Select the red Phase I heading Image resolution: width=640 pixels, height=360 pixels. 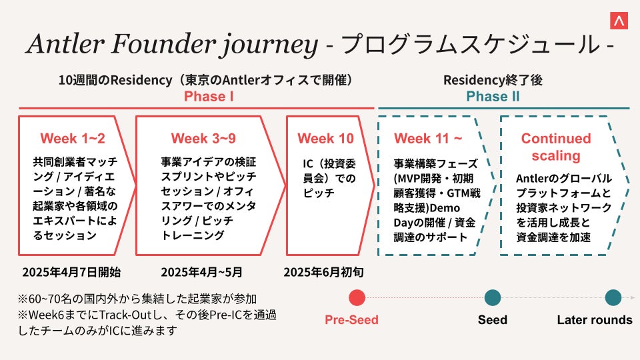click(209, 97)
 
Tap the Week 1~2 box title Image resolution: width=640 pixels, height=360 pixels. click(73, 139)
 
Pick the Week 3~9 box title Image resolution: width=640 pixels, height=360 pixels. click(203, 139)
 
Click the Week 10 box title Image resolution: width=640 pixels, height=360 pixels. click(326, 139)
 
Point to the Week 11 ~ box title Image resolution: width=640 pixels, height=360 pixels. click(428, 139)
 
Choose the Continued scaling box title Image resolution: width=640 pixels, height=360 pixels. click(556, 147)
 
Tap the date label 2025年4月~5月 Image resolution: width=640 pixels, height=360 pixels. click(202, 272)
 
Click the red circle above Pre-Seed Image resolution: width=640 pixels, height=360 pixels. click(357, 298)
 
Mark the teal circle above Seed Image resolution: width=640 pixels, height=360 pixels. click(493, 298)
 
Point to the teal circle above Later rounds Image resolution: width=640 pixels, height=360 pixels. click(613, 298)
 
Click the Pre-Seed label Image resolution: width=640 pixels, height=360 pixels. click(351, 320)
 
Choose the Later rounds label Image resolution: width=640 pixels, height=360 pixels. click(595, 320)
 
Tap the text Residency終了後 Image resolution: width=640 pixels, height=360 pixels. click(493, 80)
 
